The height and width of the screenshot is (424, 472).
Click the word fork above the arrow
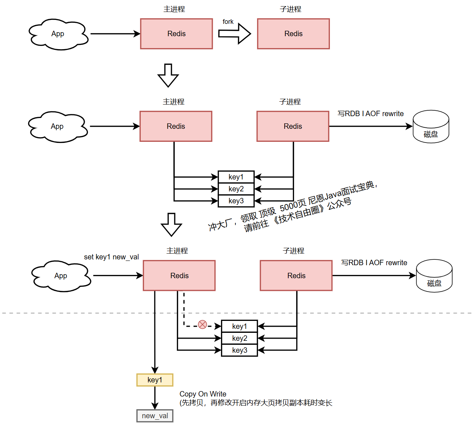(228, 22)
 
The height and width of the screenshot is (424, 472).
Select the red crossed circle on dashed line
(203, 325)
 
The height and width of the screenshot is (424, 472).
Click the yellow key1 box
(155, 380)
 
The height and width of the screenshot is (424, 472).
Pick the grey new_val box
(155, 416)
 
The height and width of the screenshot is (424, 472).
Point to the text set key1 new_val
(111, 257)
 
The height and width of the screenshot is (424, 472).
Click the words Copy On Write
(203, 394)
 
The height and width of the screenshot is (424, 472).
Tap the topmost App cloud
(58, 34)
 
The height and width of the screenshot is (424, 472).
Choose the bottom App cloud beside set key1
(61, 276)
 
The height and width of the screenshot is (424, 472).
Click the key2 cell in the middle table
(236, 189)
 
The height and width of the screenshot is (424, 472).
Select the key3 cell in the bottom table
(239, 350)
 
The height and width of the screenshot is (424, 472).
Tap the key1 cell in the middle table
(236, 177)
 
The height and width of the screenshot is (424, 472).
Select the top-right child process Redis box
(293, 34)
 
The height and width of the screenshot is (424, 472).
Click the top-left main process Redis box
(177, 34)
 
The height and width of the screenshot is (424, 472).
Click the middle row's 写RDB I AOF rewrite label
(371, 114)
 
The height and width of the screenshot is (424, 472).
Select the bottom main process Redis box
(179, 276)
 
